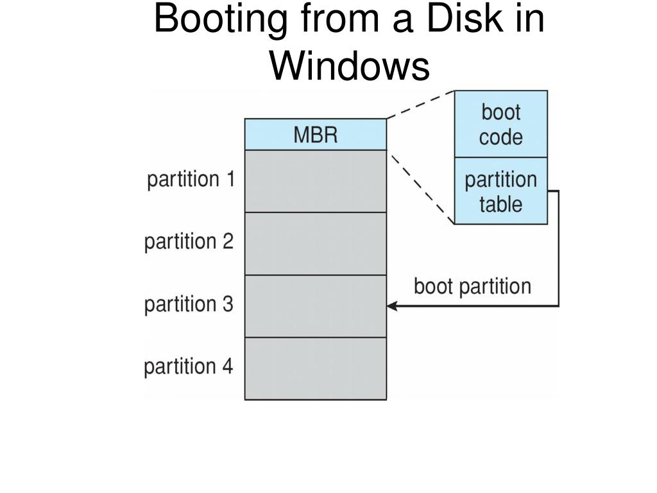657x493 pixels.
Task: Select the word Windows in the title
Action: pyautogui.click(x=350, y=66)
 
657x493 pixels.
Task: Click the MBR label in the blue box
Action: pyautogui.click(x=316, y=135)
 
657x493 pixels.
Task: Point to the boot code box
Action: pyautogui.click(x=501, y=124)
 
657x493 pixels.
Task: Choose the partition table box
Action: pyautogui.click(x=501, y=191)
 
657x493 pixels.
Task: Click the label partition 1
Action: pyautogui.click(x=191, y=180)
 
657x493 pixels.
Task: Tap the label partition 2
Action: pyautogui.click(x=189, y=242)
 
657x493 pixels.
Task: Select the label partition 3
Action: pyautogui.click(x=189, y=304)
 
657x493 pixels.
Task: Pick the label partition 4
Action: pyautogui.click(x=188, y=367)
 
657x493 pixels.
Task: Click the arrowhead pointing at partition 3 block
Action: pyautogui.click(x=392, y=306)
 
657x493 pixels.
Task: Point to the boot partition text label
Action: pyautogui.click(x=473, y=287)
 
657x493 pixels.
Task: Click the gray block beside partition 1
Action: pyautogui.click(x=316, y=181)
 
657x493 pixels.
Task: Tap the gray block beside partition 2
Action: pyautogui.click(x=316, y=243)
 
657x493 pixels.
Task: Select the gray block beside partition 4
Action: pyautogui.click(x=316, y=368)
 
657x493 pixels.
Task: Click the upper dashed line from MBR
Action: pyautogui.click(x=421, y=105)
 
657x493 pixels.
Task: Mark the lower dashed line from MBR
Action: pyautogui.click(x=421, y=187)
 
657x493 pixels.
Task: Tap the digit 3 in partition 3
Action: pyautogui.click(x=228, y=304)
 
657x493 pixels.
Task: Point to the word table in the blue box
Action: pyautogui.click(x=501, y=205)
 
